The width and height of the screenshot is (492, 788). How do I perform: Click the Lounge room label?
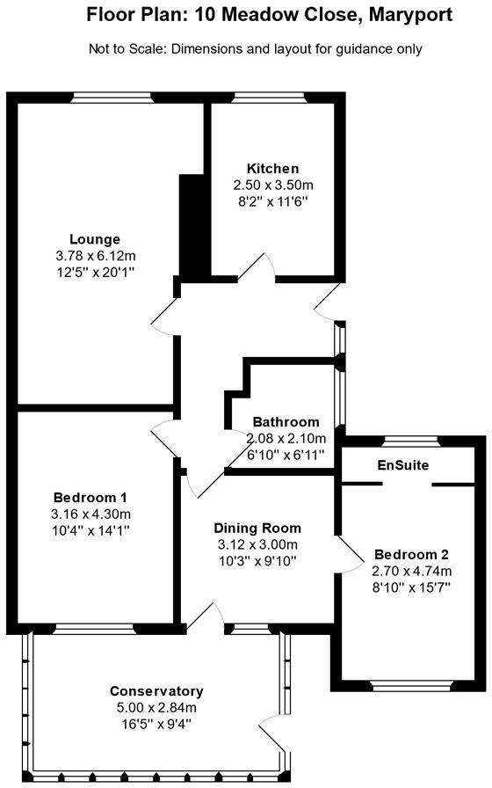click(95, 239)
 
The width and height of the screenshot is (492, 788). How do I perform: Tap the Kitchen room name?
click(272, 169)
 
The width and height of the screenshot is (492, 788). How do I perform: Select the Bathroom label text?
click(286, 422)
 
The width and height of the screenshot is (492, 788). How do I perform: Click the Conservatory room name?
click(156, 691)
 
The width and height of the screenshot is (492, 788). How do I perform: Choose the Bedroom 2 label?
click(411, 555)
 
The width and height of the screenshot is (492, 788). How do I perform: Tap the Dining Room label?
click(257, 529)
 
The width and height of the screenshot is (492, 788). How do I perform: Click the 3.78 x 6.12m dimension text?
click(95, 256)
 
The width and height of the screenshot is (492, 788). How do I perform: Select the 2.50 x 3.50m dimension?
click(272, 186)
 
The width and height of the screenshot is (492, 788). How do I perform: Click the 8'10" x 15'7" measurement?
click(411, 587)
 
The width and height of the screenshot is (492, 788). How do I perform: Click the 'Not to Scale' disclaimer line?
click(256, 49)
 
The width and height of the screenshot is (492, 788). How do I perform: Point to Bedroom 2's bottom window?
click(410, 684)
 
